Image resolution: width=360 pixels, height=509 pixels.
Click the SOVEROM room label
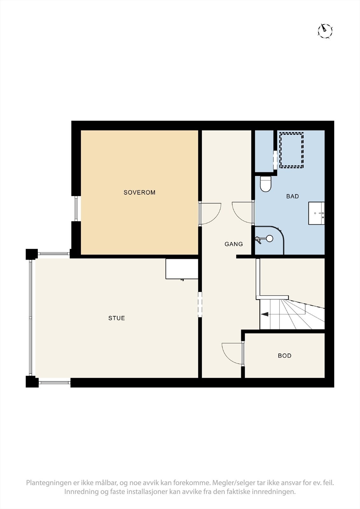click(x=139, y=192)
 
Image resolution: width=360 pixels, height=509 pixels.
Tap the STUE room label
click(x=116, y=318)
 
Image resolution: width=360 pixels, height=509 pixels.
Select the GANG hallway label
click(x=234, y=244)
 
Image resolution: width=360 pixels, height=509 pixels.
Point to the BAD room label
click(x=293, y=196)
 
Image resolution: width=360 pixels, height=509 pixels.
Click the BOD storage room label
click(x=285, y=356)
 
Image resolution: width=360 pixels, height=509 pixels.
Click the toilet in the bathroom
click(x=265, y=185)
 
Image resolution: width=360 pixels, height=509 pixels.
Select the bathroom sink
click(x=316, y=213)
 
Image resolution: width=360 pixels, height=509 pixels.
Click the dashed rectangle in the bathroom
click(x=291, y=150)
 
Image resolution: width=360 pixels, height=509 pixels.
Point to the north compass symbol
click(x=325, y=31)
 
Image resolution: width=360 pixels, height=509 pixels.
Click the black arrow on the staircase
click(x=265, y=314)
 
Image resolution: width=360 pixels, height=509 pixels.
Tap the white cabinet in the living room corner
click(x=182, y=269)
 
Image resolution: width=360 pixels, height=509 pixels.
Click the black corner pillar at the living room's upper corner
click(x=32, y=254)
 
